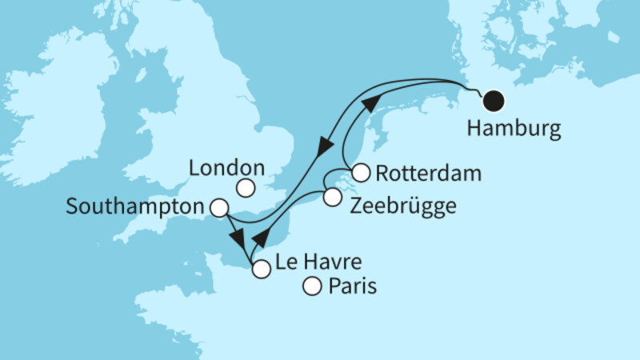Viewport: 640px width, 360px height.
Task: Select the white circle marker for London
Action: click(x=246, y=188)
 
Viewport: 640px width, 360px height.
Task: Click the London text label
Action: click(x=227, y=168)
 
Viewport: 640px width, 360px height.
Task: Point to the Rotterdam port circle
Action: click(x=361, y=172)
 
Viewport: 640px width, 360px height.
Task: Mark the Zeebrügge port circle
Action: click(x=332, y=198)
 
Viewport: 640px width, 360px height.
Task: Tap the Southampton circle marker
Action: click(x=218, y=208)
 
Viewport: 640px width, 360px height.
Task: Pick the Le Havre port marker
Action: click(x=261, y=270)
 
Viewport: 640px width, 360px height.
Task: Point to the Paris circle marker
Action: click(x=314, y=286)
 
